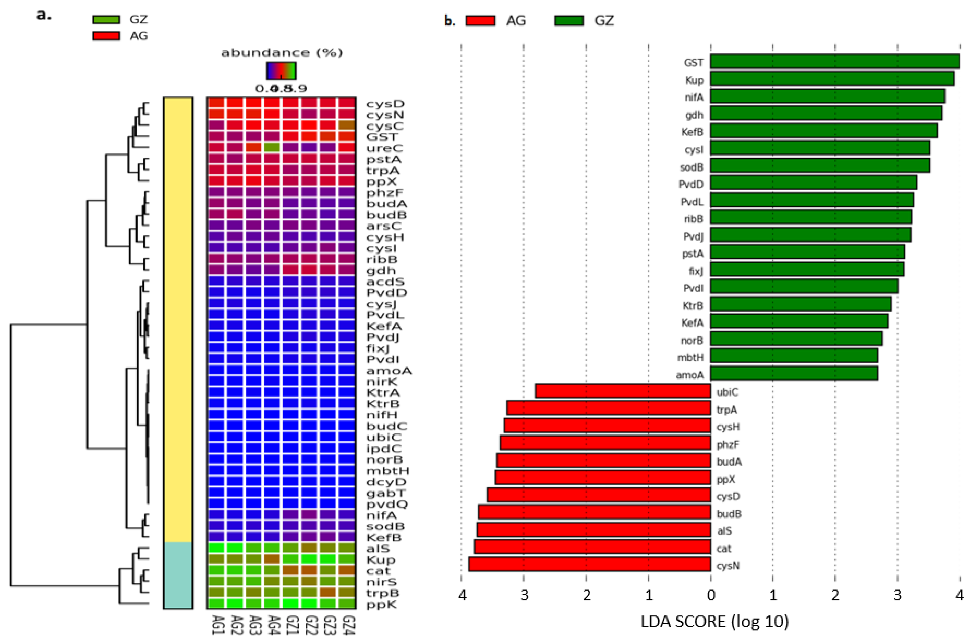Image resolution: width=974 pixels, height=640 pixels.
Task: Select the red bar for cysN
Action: click(x=589, y=565)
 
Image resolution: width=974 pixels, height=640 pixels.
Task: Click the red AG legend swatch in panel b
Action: click(x=480, y=20)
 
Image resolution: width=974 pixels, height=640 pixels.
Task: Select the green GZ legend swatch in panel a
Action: click(x=106, y=19)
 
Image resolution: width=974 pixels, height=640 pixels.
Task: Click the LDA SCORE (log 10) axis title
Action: click(x=714, y=622)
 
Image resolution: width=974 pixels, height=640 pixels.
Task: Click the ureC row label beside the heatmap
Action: click(x=384, y=148)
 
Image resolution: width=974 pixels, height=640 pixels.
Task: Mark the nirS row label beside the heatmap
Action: click(x=381, y=582)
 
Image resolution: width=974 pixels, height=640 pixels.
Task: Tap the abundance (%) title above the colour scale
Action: click(x=282, y=53)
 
